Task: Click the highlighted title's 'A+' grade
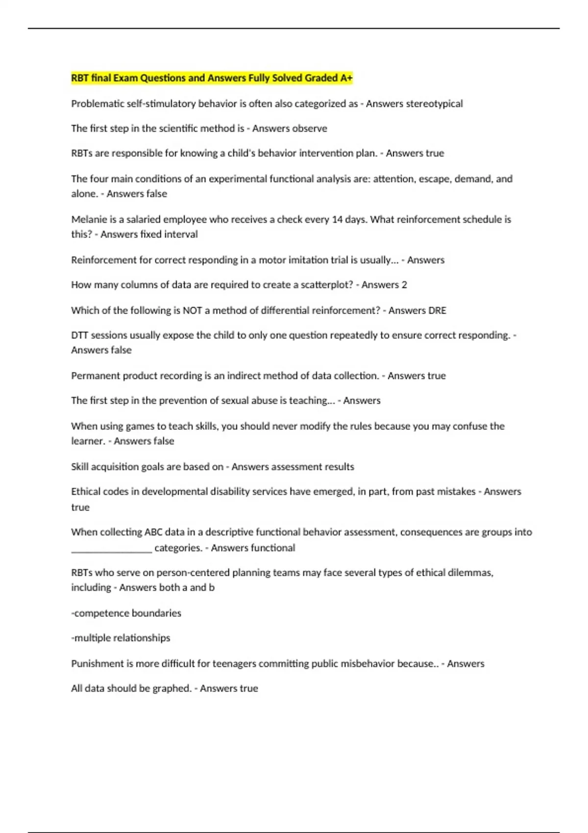click(346, 78)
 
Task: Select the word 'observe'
click(310, 128)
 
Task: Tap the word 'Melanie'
click(89, 220)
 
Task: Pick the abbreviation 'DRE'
click(437, 310)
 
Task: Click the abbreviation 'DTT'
click(79, 335)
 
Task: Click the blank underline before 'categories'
click(112, 548)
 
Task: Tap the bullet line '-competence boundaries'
click(126, 613)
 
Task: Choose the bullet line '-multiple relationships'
click(121, 638)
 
